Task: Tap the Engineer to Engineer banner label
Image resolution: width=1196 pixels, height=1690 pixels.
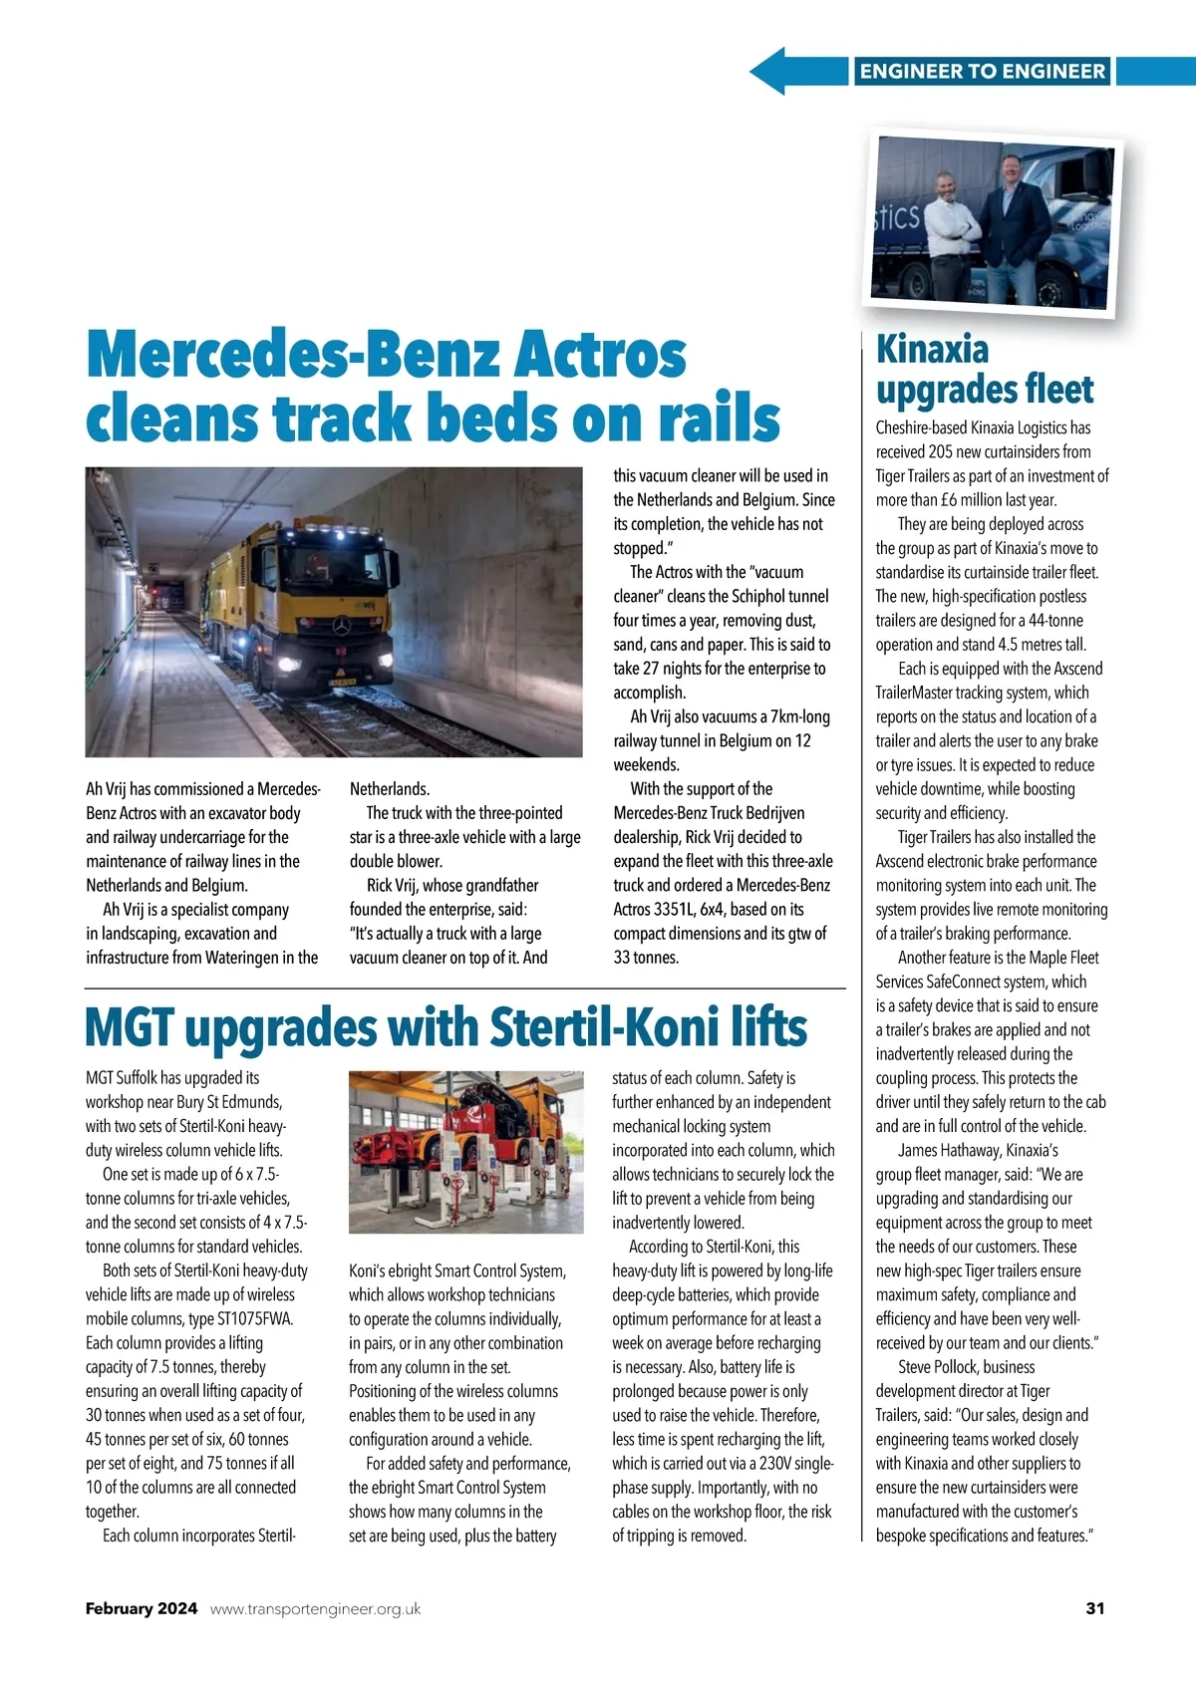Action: point(982,71)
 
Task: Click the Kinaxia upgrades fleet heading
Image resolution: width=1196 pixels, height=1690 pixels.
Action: point(984,369)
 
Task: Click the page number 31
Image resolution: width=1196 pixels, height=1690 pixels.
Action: point(1094,1608)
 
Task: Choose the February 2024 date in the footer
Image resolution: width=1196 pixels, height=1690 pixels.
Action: point(142,1608)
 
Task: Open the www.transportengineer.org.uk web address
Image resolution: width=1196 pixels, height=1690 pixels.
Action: point(315,1608)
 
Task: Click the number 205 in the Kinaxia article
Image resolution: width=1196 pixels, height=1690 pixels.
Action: point(941,452)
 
